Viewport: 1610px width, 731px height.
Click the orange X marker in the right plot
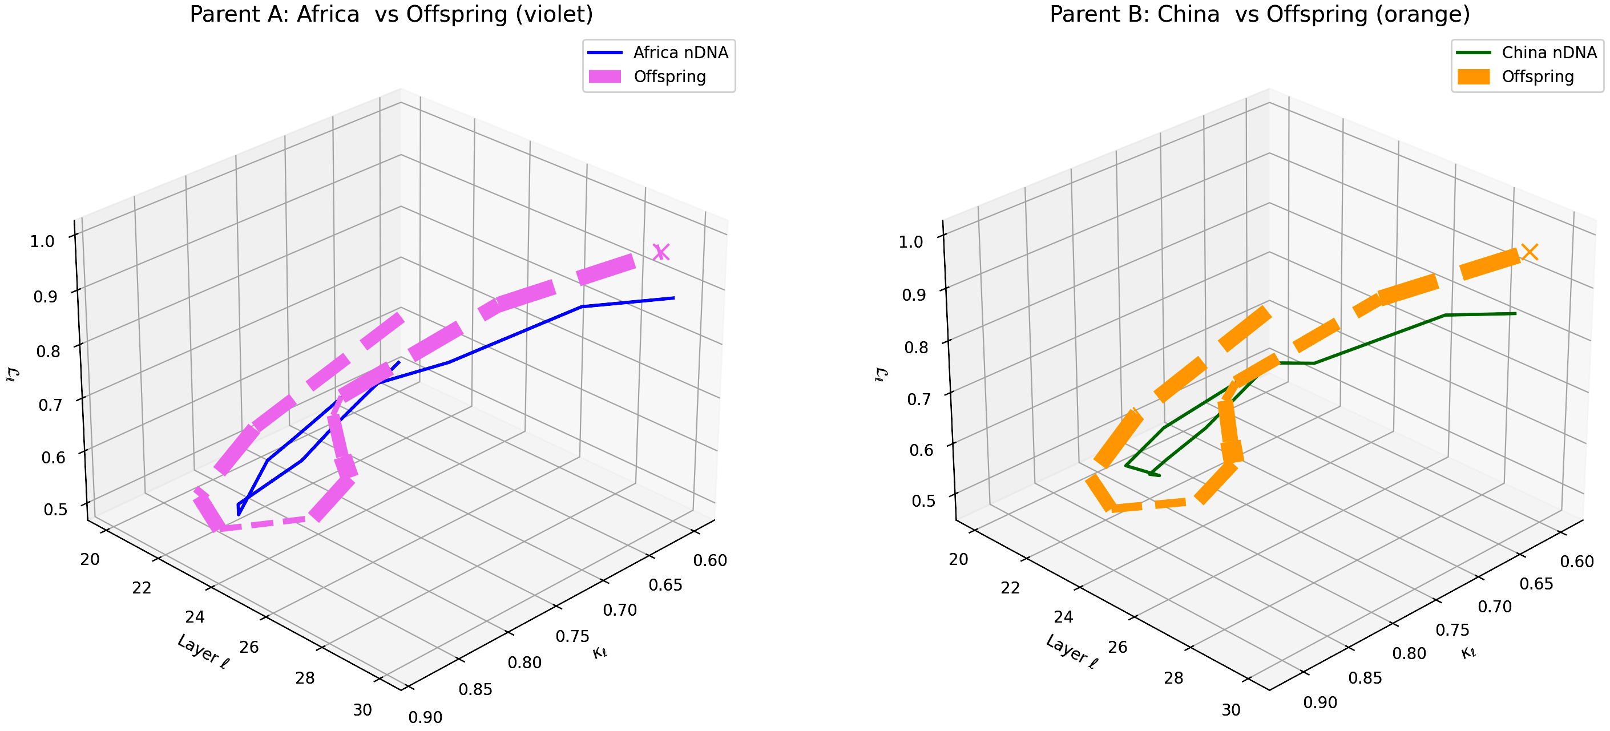tap(1530, 252)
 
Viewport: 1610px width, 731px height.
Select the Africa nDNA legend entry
tap(680, 52)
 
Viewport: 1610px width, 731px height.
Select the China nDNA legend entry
tap(1549, 52)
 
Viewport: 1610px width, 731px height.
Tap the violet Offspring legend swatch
tap(605, 77)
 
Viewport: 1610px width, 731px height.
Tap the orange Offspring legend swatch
tap(1474, 77)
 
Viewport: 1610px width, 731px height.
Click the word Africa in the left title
tap(328, 14)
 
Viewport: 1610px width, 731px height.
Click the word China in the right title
tap(1188, 14)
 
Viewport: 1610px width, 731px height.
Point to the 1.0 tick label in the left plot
tap(42, 241)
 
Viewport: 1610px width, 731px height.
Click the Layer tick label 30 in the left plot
tap(362, 710)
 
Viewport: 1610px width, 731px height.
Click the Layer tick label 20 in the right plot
tap(958, 559)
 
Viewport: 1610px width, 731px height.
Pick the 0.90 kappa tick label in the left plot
tap(426, 717)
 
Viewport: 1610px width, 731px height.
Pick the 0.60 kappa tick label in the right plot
tap(1577, 562)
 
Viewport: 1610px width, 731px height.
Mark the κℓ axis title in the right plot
tap(1468, 653)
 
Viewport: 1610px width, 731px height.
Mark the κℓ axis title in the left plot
tap(599, 653)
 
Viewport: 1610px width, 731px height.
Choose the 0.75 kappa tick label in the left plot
tap(572, 636)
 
